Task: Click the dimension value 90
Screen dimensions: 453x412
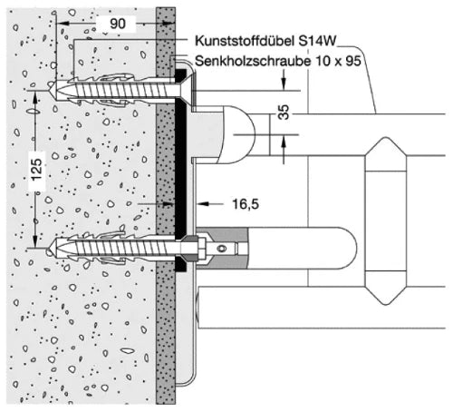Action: [x=118, y=24]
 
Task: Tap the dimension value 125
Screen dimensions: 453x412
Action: [x=37, y=170]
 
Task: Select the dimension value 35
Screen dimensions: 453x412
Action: [x=284, y=113]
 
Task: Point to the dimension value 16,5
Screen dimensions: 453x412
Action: [x=246, y=204]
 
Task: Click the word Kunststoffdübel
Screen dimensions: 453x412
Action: [x=245, y=41]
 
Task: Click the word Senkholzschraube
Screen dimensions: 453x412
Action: [x=253, y=61]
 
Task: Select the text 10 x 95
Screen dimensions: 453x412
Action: [x=338, y=61]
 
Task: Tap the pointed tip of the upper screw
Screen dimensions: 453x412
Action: [x=49, y=90]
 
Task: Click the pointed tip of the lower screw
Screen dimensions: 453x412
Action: [x=48, y=250]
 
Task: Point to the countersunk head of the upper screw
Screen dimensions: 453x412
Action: [x=182, y=90]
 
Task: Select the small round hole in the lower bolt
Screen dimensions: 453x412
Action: [x=222, y=249]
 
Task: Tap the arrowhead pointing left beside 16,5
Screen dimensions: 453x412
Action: [x=203, y=204]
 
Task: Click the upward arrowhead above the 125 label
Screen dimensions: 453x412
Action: [x=35, y=97]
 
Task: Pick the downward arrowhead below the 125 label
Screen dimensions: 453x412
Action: [x=35, y=242]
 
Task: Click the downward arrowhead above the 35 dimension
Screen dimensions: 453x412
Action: [x=284, y=83]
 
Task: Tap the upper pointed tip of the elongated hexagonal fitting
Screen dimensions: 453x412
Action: [x=386, y=138]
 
